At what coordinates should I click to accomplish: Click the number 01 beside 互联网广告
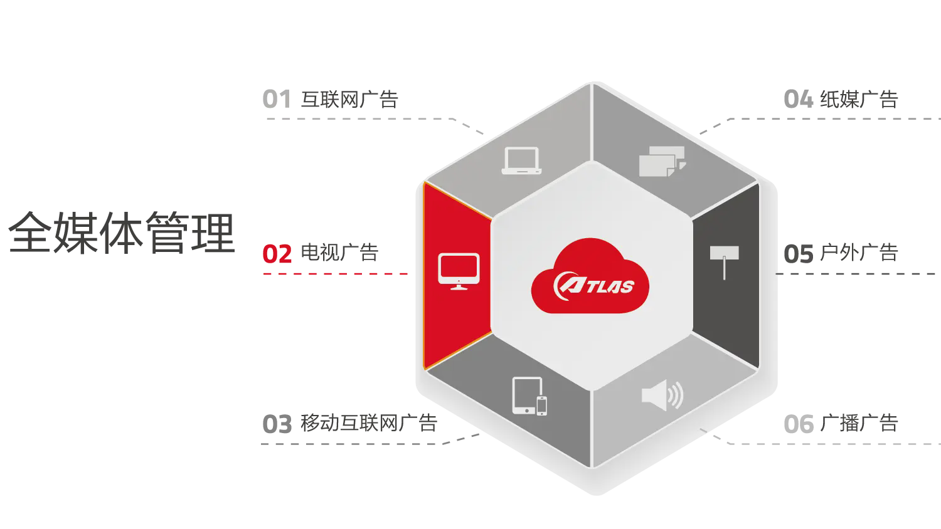pos(277,100)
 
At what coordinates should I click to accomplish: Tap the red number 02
pos(277,254)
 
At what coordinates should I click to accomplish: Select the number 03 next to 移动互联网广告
pos(277,424)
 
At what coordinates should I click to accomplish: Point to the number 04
pos(798,100)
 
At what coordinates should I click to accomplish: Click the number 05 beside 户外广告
pos(798,254)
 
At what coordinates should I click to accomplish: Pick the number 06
pos(798,424)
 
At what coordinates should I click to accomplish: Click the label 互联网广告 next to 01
pos(349,100)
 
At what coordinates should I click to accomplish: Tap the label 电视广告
pos(339,253)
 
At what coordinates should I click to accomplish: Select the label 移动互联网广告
pos(369,423)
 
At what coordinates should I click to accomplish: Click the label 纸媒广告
pos(859,100)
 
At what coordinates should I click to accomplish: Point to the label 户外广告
pos(859,253)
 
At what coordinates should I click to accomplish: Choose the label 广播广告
pos(859,423)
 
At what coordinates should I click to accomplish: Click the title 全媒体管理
pos(122,233)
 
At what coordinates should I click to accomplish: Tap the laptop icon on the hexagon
pos(521,160)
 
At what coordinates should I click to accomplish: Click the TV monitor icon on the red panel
pos(459,271)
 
